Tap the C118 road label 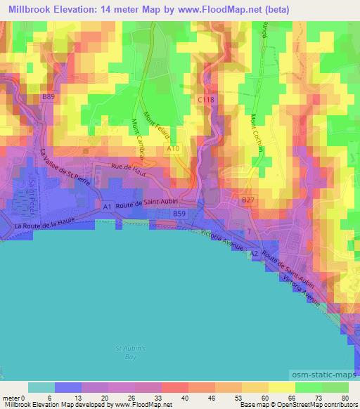205,100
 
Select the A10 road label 174,149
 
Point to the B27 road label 248,200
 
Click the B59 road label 179,213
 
